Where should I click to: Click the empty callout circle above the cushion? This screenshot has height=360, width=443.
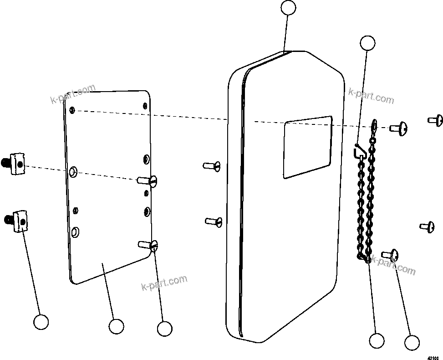point(288,8)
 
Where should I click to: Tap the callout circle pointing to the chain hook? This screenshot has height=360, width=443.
point(367,43)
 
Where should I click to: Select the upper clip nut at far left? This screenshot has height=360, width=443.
point(16,163)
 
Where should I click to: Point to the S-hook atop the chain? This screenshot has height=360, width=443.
point(360,150)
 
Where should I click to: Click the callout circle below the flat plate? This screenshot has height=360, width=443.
point(116,326)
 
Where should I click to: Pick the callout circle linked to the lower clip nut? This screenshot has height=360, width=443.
point(41,322)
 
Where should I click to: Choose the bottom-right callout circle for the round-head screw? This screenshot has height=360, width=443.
point(412,343)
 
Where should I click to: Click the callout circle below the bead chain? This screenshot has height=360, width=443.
point(377,340)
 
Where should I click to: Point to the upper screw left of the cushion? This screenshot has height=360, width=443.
point(212,165)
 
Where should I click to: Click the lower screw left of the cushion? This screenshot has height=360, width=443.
point(214,221)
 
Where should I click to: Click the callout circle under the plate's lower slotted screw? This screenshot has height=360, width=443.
point(164,329)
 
